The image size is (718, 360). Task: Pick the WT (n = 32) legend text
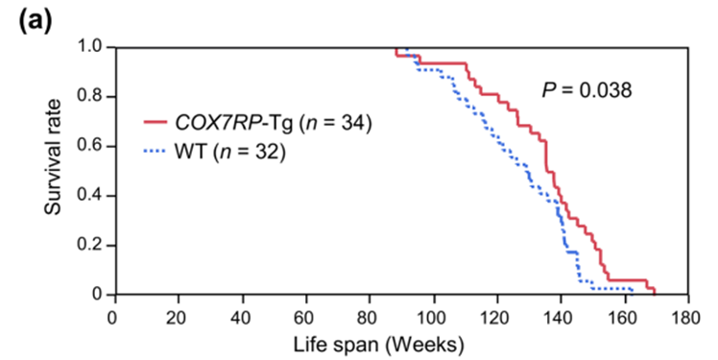227,152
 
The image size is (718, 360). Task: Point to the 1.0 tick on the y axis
93,46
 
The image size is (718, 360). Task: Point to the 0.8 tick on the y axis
93,96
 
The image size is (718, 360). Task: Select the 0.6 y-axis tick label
93,146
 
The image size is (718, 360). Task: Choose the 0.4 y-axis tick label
93,195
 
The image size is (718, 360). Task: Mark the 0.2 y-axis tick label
93,245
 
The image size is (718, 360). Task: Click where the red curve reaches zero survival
654,294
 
